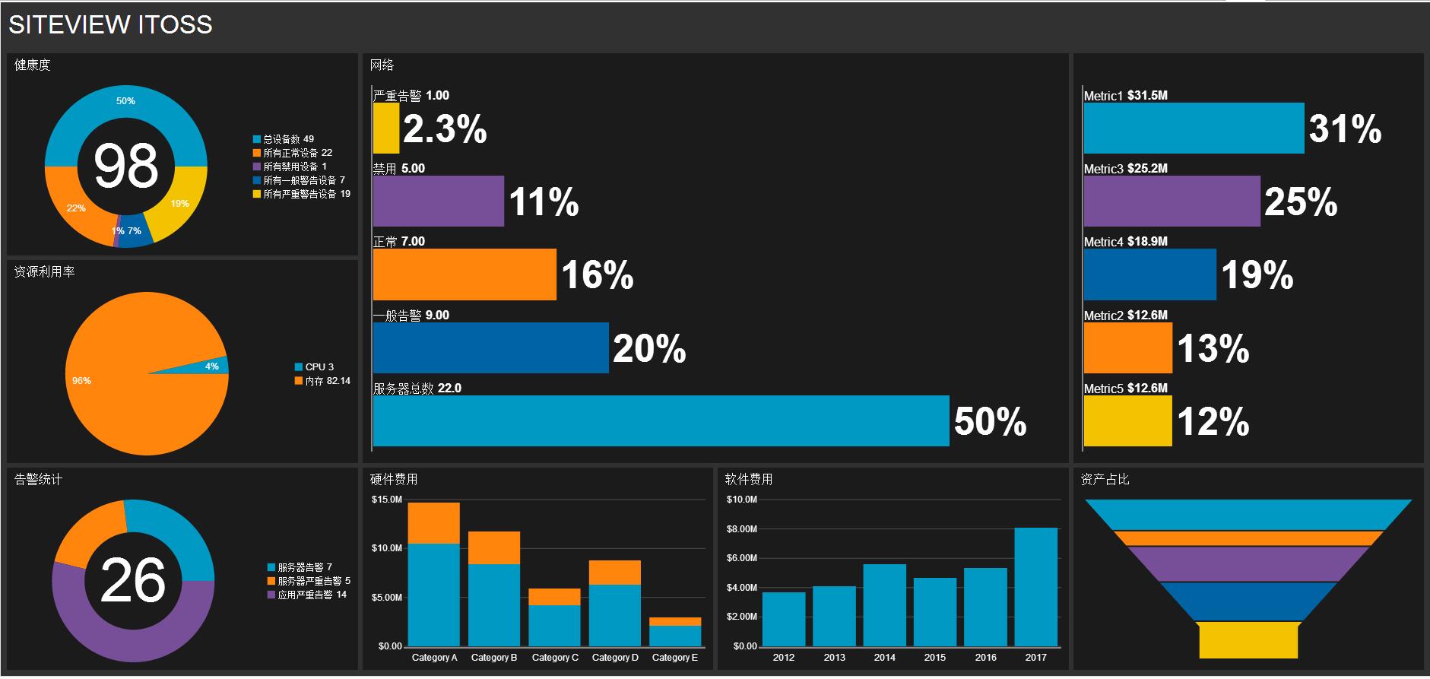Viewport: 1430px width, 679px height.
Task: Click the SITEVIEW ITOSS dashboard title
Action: click(110, 24)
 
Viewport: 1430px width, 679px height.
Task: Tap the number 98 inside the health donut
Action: click(125, 166)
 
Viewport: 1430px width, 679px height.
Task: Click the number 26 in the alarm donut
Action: click(132, 581)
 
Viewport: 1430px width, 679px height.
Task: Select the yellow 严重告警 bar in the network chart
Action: click(385, 129)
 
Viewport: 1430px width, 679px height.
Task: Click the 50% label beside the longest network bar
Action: click(990, 421)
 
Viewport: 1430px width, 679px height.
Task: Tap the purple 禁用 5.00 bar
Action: click(438, 201)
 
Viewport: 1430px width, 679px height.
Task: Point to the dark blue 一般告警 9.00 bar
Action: click(490, 348)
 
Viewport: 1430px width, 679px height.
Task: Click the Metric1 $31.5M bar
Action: click(1194, 129)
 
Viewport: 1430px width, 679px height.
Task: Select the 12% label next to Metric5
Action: click(1213, 421)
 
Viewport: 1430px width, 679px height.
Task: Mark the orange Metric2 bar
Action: click(1127, 348)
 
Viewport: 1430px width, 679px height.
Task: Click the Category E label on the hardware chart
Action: click(674, 658)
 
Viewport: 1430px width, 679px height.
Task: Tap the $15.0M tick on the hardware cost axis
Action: click(386, 500)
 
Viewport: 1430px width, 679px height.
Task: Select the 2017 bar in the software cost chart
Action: click(1035, 587)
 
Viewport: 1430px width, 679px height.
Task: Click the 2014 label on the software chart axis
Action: click(884, 658)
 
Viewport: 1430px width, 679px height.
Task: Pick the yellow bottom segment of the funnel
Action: click(1248, 640)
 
